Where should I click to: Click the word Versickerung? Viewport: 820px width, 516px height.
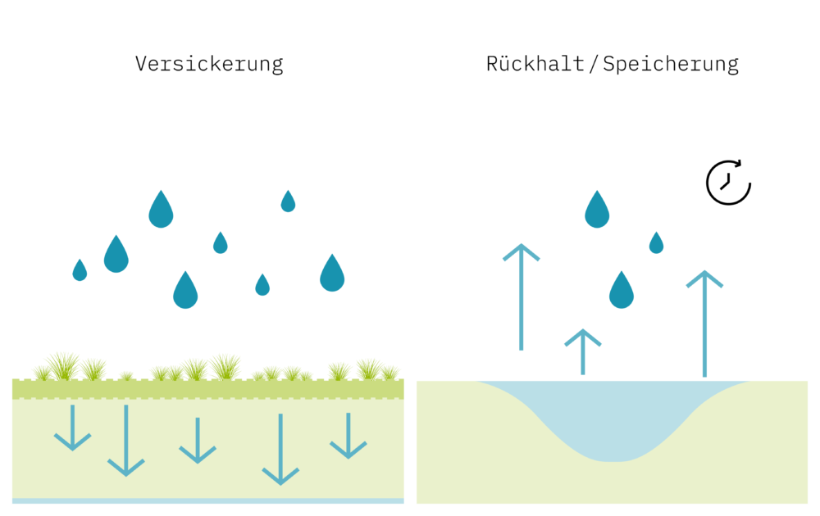pyautogui.click(x=209, y=64)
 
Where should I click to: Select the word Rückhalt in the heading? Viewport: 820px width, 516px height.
pyautogui.click(x=535, y=64)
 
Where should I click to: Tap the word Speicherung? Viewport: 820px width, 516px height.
pyautogui.click(x=671, y=64)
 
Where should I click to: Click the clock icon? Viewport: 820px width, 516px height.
pyautogui.click(x=728, y=183)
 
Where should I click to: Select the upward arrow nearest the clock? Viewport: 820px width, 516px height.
pyautogui.click(x=704, y=324)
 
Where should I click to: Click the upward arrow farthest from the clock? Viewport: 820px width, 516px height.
pyautogui.click(x=522, y=296)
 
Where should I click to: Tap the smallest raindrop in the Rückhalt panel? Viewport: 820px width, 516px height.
pyautogui.click(x=656, y=243)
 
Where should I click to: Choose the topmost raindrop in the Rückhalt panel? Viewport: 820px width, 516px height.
pyautogui.click(x=597, y=210)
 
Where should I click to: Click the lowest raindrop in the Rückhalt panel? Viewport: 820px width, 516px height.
pyautogui.click(x=622, y=291)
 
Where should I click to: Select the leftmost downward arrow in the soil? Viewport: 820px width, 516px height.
pyautogui.click(x=72, y=427)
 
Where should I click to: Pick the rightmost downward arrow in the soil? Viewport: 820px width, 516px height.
pyautogui.click(x=348, y=435)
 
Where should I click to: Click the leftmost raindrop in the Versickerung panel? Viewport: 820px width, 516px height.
pyautogui.click(x=80, y=271)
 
